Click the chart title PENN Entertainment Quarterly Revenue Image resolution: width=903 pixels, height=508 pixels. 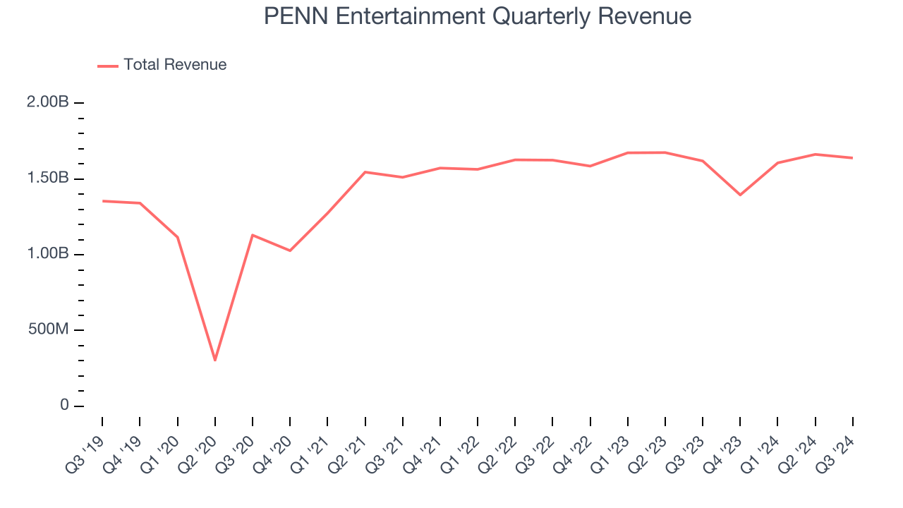tap(478, 16)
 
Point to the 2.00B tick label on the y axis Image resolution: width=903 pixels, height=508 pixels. tap(48, 102)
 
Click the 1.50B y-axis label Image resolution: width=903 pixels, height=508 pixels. tap(48, 178)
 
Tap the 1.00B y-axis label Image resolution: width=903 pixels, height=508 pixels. tap(48, 254)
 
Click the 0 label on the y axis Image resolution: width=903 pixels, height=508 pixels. tap(64, 406)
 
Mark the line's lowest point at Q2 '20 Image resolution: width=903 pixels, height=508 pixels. tap(214, 361)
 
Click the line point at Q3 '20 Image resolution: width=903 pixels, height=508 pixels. tap(253, 235)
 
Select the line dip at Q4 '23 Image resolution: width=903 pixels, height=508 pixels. tap(740, 195)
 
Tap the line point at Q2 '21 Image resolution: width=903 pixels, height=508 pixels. tap(365, 172)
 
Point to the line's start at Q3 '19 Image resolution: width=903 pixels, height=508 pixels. tap(102, 201)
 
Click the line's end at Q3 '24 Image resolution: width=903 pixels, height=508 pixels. tap(852, 158)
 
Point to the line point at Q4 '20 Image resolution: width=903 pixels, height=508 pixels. tap(290, 250)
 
